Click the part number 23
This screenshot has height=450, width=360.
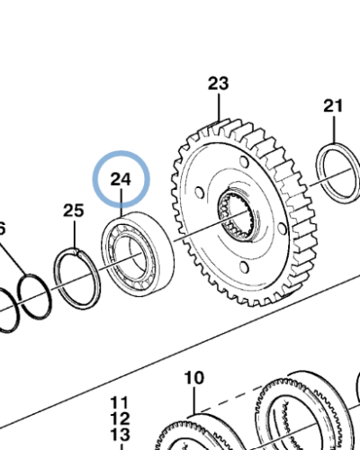pos(219,85)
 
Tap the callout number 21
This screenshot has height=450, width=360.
pos(334,106)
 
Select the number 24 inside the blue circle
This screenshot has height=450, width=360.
pos(121,179)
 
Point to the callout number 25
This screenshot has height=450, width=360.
pos(73,211)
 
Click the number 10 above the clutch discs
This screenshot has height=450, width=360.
pos(194,378)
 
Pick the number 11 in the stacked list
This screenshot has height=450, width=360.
pos(120,402)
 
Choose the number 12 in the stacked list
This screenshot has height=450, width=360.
pos(120,418)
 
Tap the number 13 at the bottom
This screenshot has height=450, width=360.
pos(120,436)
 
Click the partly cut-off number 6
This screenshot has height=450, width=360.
pos(2,229)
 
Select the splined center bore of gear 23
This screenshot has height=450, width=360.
pos(238,215)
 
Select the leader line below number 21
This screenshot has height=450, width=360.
pos(334,129)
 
